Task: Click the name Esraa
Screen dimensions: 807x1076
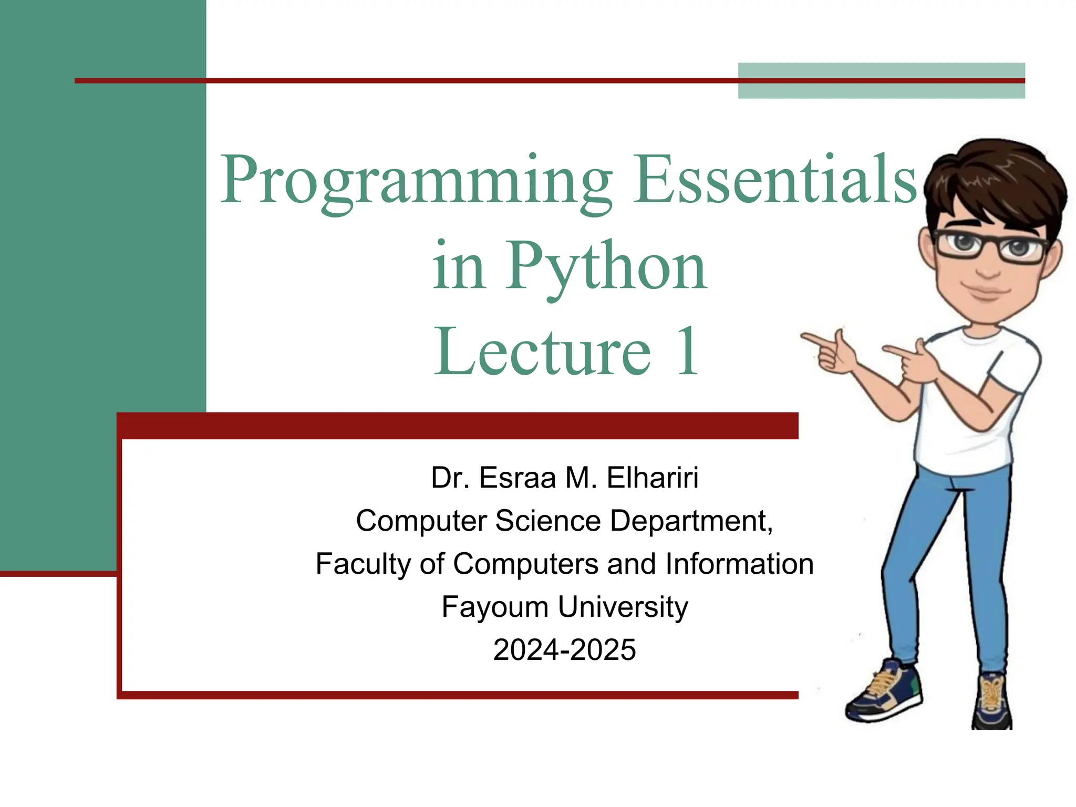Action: point(517,478)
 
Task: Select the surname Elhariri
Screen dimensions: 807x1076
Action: point(653,478)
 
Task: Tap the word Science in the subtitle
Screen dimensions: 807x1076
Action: point(547,521)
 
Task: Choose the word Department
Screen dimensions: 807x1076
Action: point(691,521)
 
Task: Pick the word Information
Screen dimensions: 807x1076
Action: point(739,564)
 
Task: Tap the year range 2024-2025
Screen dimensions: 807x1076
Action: point(565,650)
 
